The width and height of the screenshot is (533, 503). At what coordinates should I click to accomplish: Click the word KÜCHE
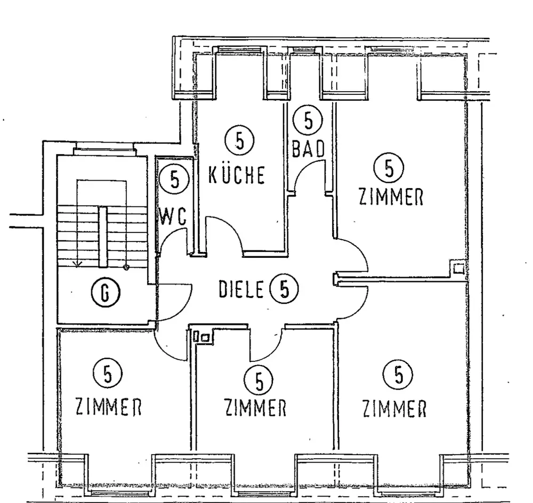(x=236, y=175)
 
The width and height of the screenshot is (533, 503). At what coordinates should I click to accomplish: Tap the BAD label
(x=308, y=149)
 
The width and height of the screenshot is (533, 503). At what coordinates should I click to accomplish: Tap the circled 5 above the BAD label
(x=308, y=120)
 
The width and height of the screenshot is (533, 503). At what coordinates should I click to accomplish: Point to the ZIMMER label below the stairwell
(x=108, y=408)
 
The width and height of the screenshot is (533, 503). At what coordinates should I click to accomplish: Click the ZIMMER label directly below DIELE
(x=255, y=409)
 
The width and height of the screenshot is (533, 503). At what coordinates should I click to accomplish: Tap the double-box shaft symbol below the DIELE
(x=203, y=336)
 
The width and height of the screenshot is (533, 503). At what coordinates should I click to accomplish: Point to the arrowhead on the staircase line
(x=77, y=263)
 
